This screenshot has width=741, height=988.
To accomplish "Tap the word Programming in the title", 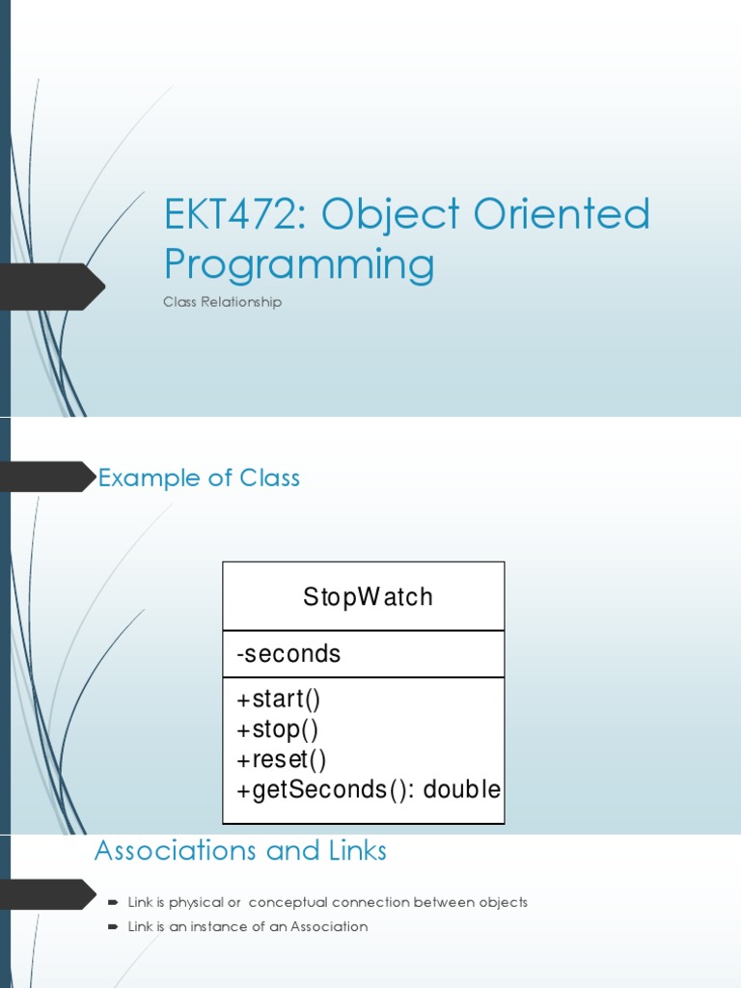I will pyautogui.click(x=299, y=263).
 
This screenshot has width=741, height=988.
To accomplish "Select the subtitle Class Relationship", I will pyautogui.click(x=222, y=302).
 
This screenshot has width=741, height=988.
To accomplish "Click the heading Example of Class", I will pyautogui.click(x=199, y=478).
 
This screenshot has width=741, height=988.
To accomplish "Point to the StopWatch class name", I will pyautogui.click(x=368, y=597).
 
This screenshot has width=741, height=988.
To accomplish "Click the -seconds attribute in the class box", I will pyautogui.click(x=288, y=654).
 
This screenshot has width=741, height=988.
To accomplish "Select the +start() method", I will pyautogui.click(x=278, y=699).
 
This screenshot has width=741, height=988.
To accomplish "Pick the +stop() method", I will pyautogui.click(x=276, y=728).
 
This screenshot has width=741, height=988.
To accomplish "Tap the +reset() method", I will pyautogui.click(x=280, y=759).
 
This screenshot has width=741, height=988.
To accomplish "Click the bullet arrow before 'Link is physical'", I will pyautogui.click(x=113, y=903).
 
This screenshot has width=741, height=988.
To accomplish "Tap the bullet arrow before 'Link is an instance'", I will pyautogui.click(x=113, y=927).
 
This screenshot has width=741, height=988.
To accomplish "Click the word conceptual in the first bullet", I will pyautogui.click(x=288, y=903).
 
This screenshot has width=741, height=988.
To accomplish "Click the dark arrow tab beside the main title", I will pyautogui.click(x=53, y=287).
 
